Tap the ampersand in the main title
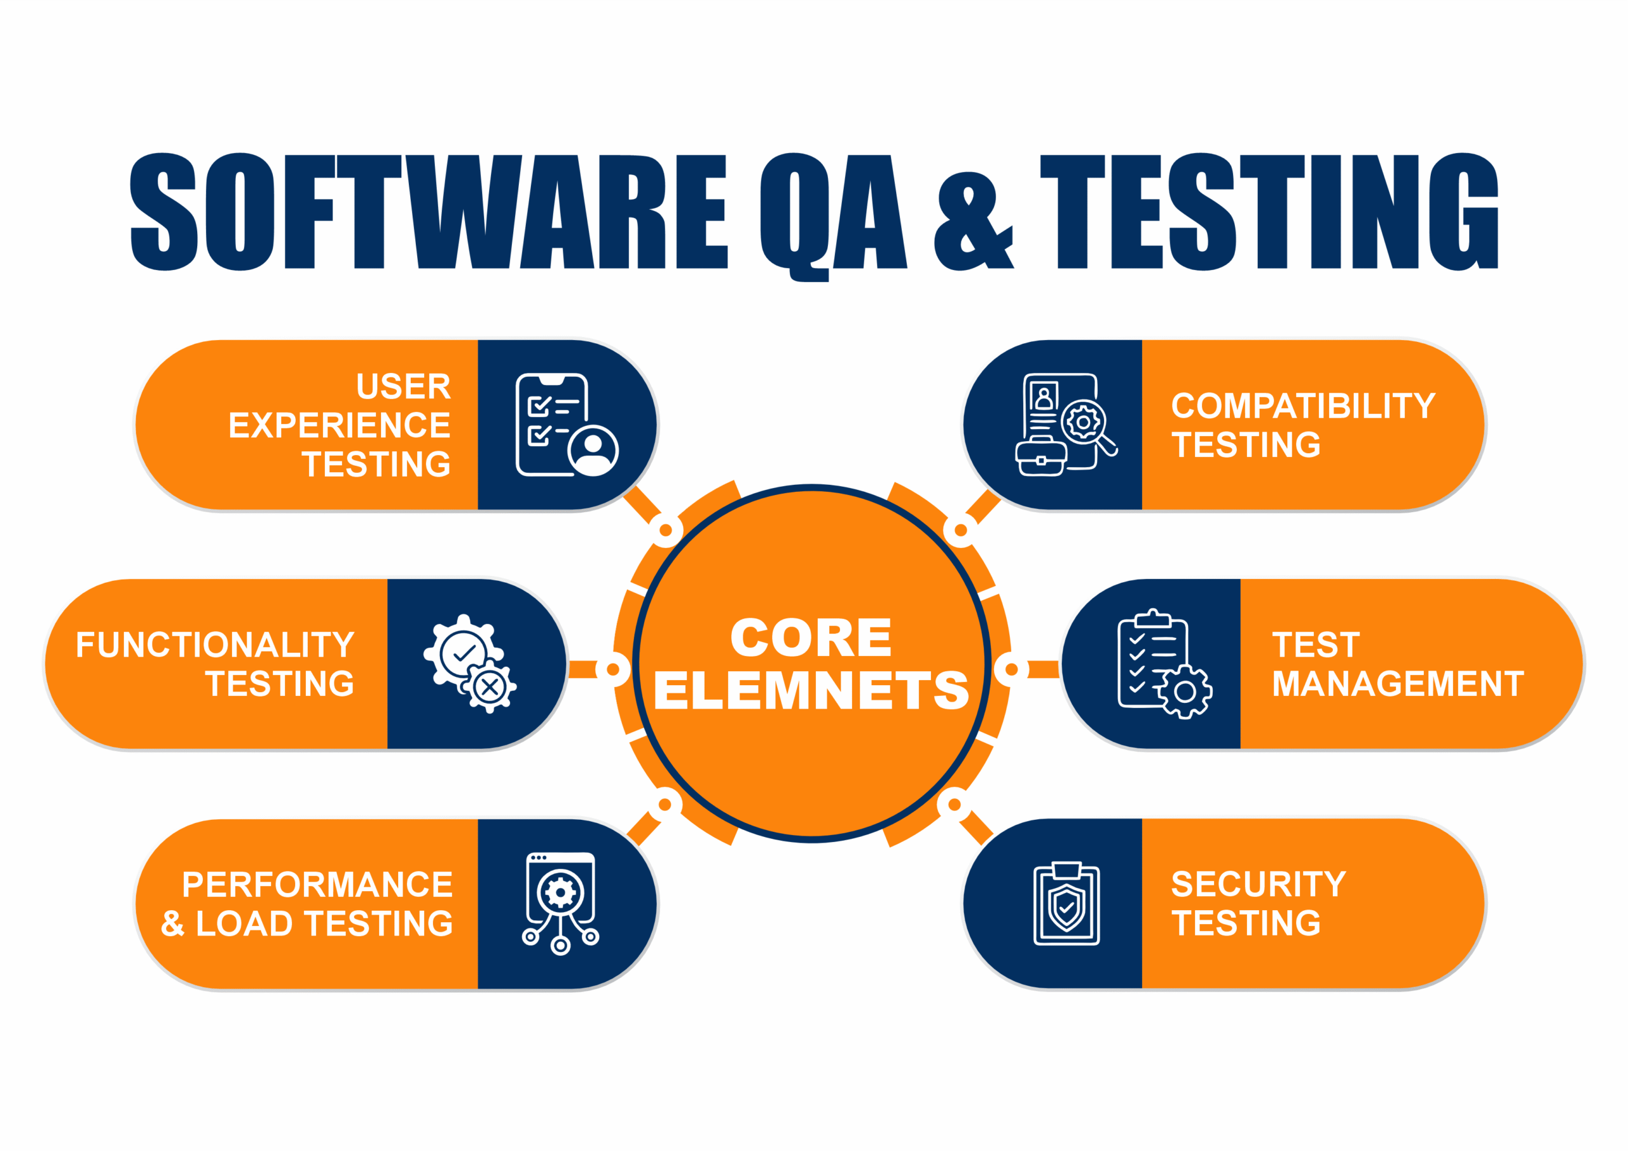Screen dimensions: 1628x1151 point(974,221)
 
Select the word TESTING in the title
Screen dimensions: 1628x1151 point(1269,211)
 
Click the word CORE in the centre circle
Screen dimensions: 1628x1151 point(811,637)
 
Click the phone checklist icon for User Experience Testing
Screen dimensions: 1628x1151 point(567,425)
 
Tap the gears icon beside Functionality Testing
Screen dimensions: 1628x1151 point(470,664)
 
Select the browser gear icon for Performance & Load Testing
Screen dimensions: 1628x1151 point(560,904)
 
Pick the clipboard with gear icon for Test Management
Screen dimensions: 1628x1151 point(1164,664)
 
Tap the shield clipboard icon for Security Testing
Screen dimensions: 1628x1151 point(1066,904)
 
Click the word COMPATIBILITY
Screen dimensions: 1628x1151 point(1303,406)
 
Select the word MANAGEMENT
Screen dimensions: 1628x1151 point(1398,684)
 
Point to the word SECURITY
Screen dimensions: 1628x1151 point(1259,885)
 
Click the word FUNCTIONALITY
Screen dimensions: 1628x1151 point(215,645)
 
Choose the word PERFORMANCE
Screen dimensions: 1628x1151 point(317,885)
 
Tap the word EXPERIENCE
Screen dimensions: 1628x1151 point(339,425)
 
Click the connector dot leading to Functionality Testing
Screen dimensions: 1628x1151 point(612,669)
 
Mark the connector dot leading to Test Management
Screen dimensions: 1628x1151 point(1012,669)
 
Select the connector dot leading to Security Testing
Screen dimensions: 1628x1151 point(955,805)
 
